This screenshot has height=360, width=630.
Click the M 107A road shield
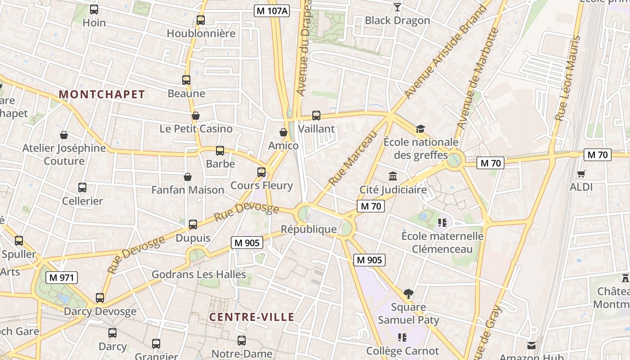[271, 11]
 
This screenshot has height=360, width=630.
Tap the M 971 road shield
[62, 278]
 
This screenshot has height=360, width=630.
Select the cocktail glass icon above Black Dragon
[397, 7]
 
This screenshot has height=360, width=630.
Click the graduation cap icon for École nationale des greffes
[420, 129]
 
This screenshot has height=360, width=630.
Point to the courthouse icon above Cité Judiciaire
[393, 176]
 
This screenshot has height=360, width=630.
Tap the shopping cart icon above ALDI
[581, 173]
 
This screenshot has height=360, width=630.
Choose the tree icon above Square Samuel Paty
[408, 294]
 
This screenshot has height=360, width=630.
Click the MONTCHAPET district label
[102, 94]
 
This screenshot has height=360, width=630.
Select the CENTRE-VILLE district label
[252, 317]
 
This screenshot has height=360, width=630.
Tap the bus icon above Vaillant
[316, 116]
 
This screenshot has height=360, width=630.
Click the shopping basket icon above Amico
[283, 132]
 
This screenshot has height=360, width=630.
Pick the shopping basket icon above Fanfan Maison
[188, 177]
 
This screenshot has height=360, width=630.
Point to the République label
[309, 229]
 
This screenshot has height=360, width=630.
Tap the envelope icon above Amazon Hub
[531, 346]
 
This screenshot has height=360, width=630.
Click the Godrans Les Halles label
[198, 274]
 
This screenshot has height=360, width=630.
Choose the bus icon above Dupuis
[193, 224]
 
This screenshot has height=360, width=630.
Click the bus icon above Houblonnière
[201, 20]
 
